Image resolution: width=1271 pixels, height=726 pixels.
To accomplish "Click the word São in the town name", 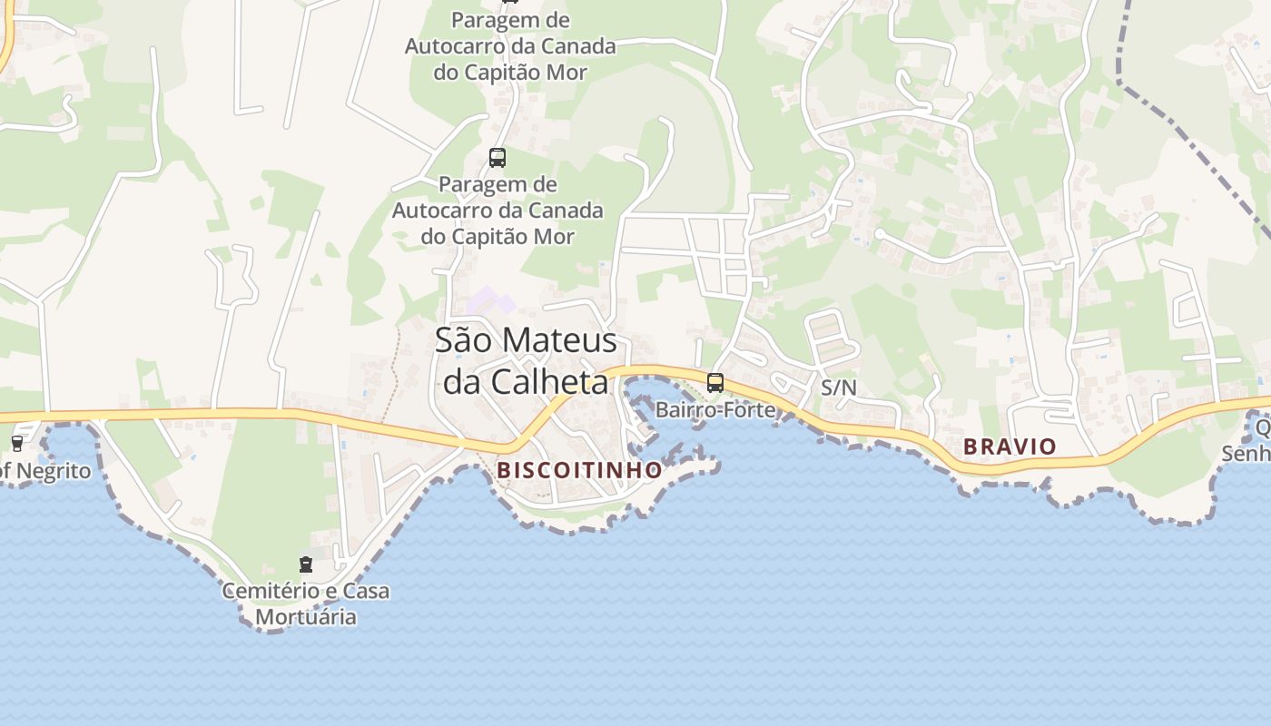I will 464,340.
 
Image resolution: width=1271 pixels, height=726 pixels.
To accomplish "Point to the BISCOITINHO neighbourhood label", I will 579,470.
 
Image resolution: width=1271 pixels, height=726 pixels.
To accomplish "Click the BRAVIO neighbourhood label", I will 1010,446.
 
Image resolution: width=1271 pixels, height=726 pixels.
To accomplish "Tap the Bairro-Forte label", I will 715,409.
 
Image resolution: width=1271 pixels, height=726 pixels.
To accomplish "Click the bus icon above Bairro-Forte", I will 715,383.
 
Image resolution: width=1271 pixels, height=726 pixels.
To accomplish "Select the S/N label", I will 838,388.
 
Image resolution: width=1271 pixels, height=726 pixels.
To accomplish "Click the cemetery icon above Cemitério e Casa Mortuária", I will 306,564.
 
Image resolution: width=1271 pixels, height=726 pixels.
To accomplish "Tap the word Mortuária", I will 306,617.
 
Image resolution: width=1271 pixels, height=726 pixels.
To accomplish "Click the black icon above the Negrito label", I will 16,444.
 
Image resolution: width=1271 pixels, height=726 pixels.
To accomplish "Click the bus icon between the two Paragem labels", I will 497,157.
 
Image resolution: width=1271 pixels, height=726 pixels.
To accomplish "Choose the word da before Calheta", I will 460,382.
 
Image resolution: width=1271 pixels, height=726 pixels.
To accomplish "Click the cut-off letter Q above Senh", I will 1263,427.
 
